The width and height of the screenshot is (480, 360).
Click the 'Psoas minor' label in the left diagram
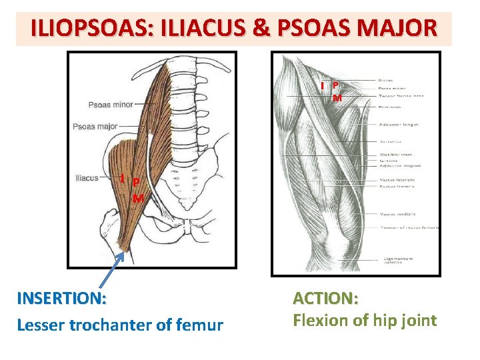pyautogui.click(x=111, y=105)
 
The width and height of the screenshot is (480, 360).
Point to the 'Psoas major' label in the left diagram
pyautogui.click(x=95, y=126)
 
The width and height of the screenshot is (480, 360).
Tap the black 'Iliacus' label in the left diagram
pyautogui.click(x=87, y=178)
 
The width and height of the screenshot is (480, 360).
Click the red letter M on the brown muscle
pyautogui.click(x=138, y=197)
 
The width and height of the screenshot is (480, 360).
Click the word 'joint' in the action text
pyautogui.click(x=417, y=321)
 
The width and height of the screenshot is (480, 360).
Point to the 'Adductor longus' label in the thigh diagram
pyautogui.click(x=398, y=125)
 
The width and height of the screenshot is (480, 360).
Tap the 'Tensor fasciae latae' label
pyautogui.click(x=401, y=96)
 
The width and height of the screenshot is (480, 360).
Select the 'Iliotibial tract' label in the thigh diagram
pyautogui.click(x=395, y=155)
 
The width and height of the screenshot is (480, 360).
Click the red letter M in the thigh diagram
pyautogui.click(x=337, y=98)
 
